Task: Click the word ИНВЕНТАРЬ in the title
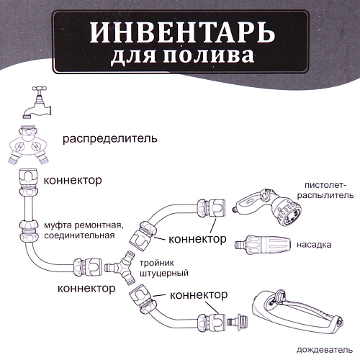(180, 33)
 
